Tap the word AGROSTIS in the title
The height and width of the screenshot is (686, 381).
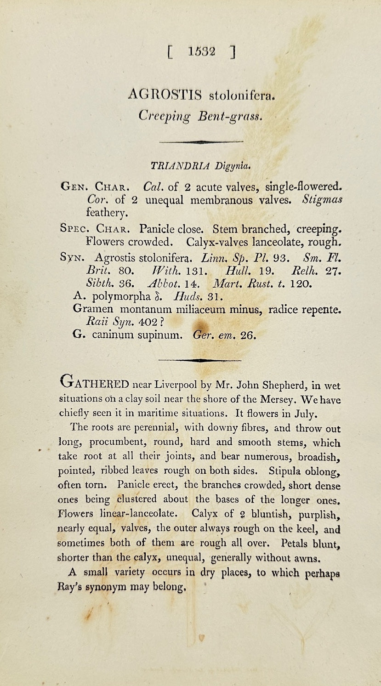[x=165, y=95]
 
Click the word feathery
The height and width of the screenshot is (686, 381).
[x=103, y=213]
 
